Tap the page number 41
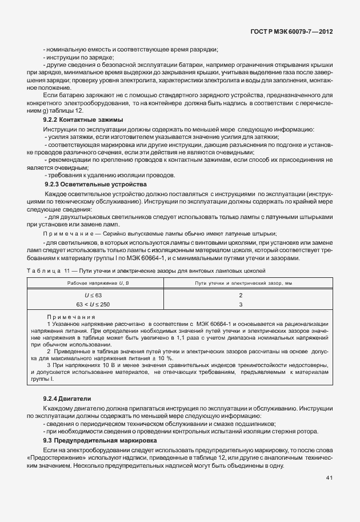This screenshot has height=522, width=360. (330, 477)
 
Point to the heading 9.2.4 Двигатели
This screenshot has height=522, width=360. (67, 398)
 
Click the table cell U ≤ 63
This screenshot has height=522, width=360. (93, 294)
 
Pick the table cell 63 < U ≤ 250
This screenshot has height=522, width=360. (93, 304)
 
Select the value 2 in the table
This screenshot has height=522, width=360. (241, 294)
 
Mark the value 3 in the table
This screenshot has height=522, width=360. (241, 304)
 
